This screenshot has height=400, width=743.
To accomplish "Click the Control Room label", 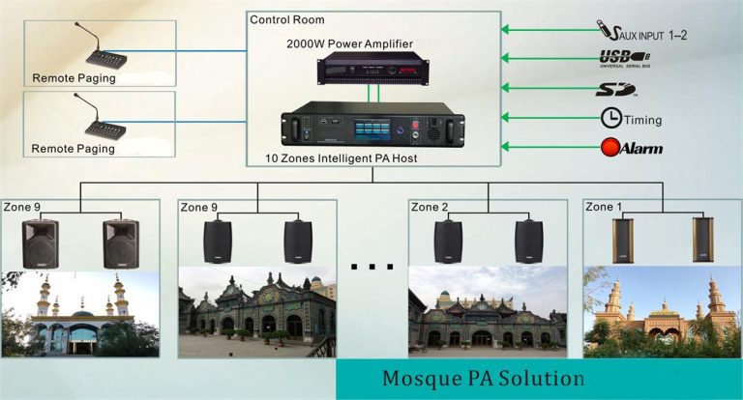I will (286, 19).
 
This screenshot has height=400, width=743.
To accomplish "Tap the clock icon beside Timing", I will (611, 118).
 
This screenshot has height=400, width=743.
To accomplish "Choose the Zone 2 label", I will (431, 207).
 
